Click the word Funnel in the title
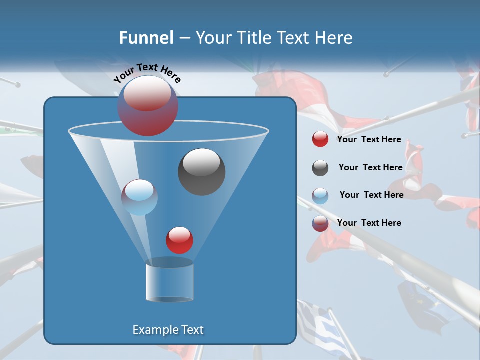coord(146,38)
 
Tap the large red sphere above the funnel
coord(148,105)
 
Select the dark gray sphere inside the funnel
coord(201,171)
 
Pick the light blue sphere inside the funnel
coord(139,197)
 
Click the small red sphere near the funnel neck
coord(179,240)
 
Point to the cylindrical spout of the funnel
coord(169,282)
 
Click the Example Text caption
coord(168,330)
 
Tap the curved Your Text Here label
coord(147,73)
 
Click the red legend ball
coord(320,139)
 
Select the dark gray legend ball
coord(320,168)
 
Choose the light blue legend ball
coord(320,195)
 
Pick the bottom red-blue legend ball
coord(320,223)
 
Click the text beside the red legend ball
coord(369,139)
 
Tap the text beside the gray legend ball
coord(370,167)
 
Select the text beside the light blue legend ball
coord(371,195)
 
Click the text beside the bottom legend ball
coord(369,223)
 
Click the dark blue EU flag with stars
coord(422,305)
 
